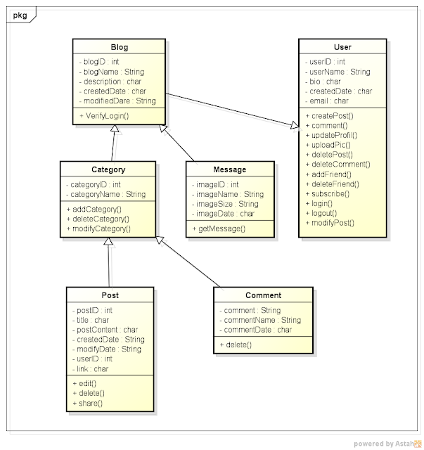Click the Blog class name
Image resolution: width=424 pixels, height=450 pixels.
(x=119, y=47)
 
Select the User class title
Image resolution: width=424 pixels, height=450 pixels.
(x=343, y=47)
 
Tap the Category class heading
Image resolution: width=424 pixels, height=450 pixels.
(x=108, y=169)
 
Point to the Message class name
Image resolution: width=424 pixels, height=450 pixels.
(x=229, y=169)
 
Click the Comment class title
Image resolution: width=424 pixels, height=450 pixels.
(x=263, y=295)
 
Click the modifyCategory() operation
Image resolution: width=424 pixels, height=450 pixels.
(x=101, y=229)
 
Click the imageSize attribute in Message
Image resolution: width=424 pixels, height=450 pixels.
(x=227, y=204)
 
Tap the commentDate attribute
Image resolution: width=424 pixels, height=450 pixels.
(x=258, y=329)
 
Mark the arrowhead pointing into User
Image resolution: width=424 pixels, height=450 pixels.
(x=294, y=126)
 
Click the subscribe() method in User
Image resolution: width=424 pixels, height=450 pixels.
(x=330, y=193)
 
